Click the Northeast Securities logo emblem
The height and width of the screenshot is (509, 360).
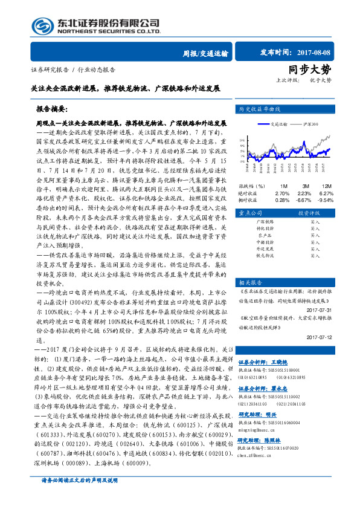click(43, 25)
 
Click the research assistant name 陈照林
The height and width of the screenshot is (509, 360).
click(277, 441)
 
